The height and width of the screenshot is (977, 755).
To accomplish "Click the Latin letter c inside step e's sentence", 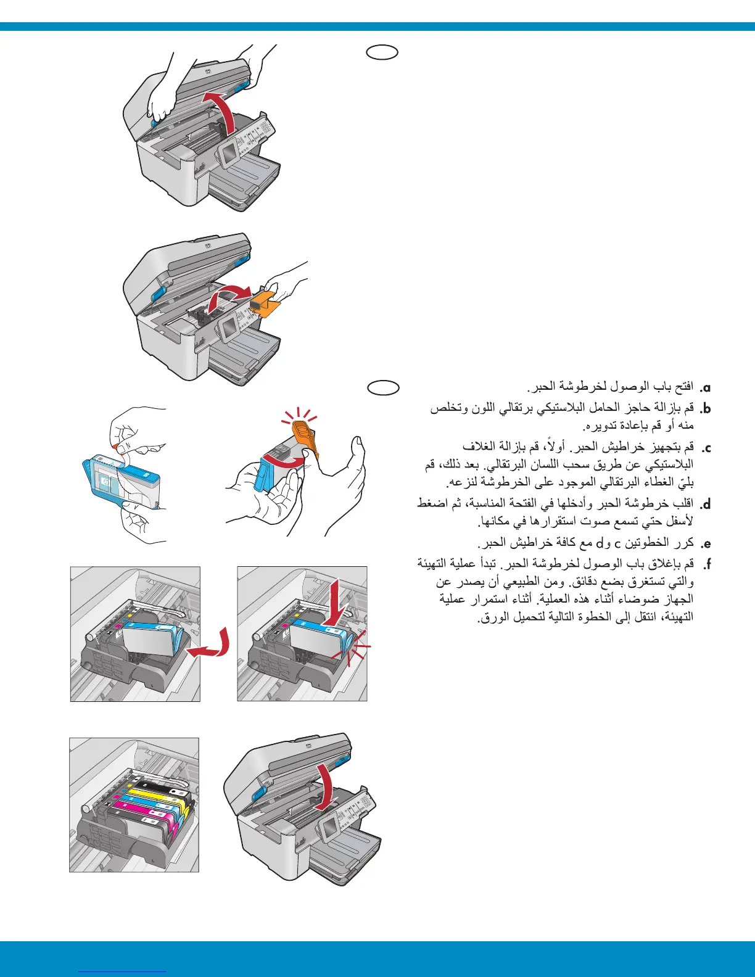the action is (x=616, y=543).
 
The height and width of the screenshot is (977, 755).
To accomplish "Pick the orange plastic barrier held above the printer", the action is (x=267, y=302).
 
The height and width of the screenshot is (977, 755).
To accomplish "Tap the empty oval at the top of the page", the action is (x=382, y=52).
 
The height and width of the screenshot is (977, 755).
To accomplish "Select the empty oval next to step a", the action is (x=383, y=387).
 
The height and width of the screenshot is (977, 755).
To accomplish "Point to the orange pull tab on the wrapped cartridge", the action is (x=117, y=443).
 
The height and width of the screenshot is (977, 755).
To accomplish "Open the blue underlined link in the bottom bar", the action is (x=123, y=971).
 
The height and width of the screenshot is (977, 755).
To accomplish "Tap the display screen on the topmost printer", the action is (x=229, y=152).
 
